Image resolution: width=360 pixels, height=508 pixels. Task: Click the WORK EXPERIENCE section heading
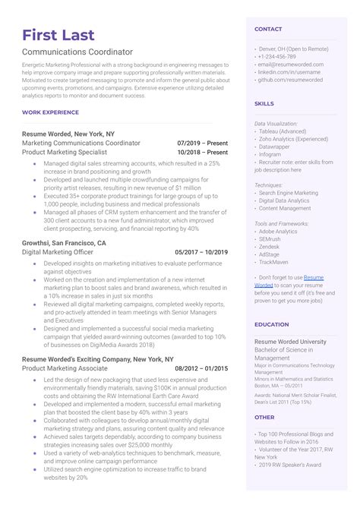(x=50, y=112)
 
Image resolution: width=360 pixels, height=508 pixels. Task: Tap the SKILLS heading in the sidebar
(x=264, y=103)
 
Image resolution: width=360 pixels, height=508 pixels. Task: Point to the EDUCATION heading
(x=271, y=324)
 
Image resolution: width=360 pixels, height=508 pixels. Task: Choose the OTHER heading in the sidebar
(x=264, y=417)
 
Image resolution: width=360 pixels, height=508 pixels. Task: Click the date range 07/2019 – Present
(x=202, y=142)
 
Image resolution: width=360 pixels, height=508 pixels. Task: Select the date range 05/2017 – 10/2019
(x=201, y=252)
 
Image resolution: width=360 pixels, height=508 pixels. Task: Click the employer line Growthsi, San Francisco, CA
(x=65, y=243)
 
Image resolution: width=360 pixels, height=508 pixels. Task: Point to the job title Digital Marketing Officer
(x=58, y=252)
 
